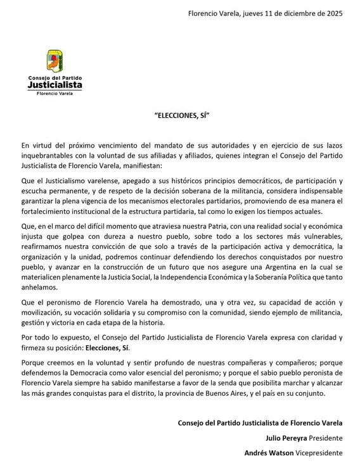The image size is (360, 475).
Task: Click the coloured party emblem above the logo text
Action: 55,61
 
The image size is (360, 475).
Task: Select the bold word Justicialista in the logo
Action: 55,84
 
